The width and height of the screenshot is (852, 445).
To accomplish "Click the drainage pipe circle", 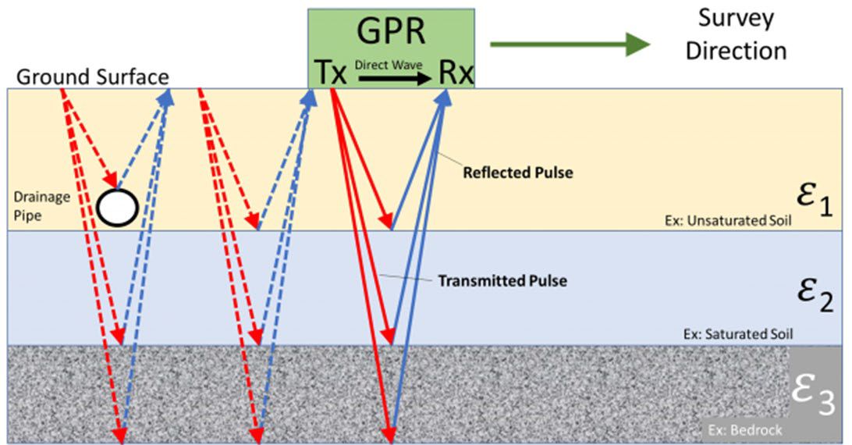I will [118, 208].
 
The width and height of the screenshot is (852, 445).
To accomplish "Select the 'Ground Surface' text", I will [93, 77].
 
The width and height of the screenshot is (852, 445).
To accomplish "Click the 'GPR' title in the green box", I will [390, 31].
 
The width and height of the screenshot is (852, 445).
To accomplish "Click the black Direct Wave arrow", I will [393, 78].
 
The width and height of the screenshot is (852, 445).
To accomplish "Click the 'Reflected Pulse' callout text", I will [518, 173].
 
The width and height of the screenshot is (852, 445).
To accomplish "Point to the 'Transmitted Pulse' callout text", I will [502, 280].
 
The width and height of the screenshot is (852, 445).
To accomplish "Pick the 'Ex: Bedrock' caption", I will [745, 430].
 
